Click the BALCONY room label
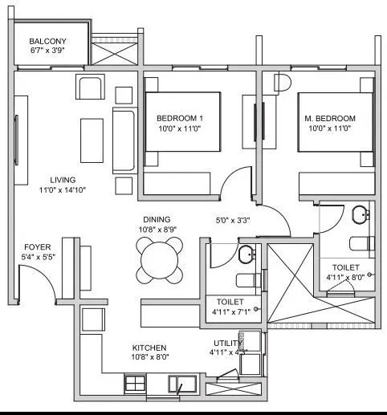[x=47, y=42]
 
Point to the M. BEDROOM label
[x=329, y=119]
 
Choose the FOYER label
[x=38, y=247]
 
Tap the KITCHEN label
[x=149, y=348]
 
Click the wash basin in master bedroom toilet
[x=361, y=214]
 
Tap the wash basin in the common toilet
[x=246, y=254]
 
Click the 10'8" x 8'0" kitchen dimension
[x=149, y=359]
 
